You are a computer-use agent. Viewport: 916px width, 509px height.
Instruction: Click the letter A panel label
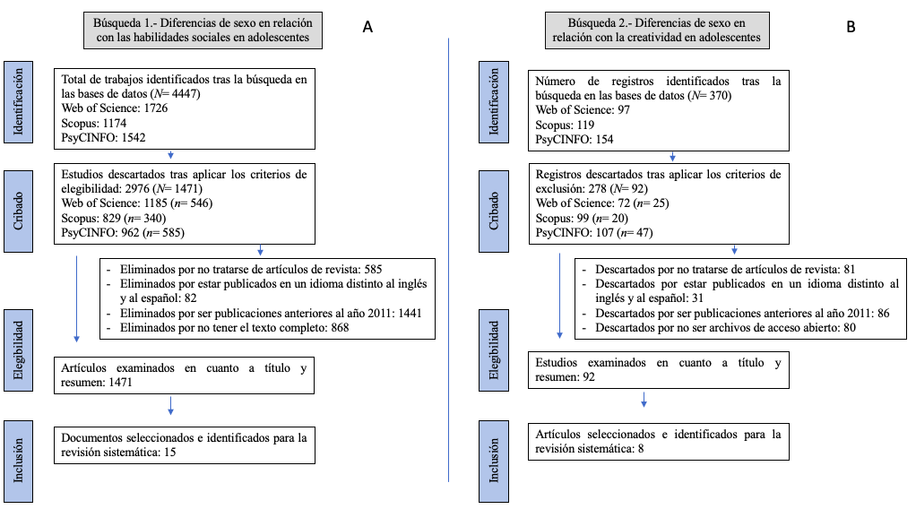click(367, 27)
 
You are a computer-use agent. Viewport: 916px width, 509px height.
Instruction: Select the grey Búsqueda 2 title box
click(656, 30)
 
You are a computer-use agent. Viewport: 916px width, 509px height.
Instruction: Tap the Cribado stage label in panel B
click(494, 206)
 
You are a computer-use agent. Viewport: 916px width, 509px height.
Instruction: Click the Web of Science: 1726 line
click(115, 108)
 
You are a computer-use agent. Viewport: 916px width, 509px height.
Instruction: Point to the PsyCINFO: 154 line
click(575, 140)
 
